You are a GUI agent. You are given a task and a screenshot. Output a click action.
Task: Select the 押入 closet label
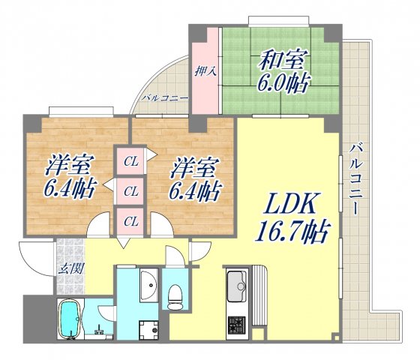pyautogui.click(x=204, y=72)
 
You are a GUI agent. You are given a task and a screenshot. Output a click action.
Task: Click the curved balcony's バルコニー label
pyautogui.click(x=161, y=98)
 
